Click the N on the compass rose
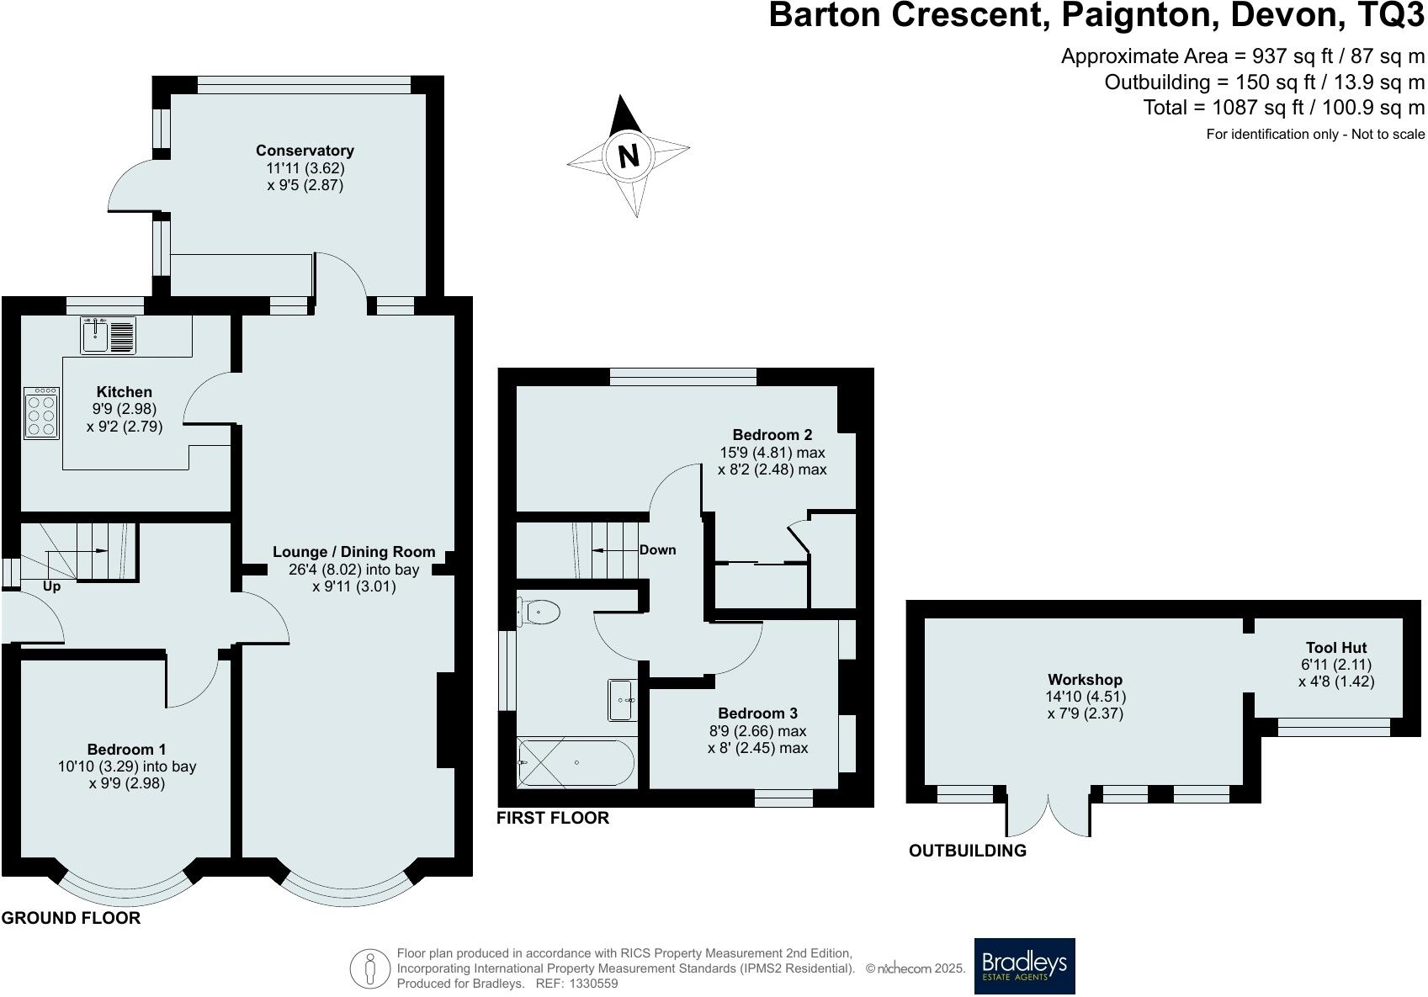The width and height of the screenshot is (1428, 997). pyautogui.click(x=628, y=156)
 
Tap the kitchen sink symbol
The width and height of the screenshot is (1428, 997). pyautogui.click(x=109, y=335)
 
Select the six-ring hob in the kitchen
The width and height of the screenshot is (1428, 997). pyautogui.click(x=42, y=413)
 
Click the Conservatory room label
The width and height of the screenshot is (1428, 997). pyautogui.click(x=305, y=151)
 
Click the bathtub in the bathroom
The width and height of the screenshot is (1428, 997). pyautogui.click(x=576, y=763)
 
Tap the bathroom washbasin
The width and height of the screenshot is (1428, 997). pyautogui.click(x=622, y=700)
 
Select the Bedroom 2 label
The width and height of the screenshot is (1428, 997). pyautogui.click(x=772, y=435)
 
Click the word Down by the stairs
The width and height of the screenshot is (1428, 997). pyautogui.click(x=657, y=550)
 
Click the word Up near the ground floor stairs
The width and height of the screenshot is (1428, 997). pyautogui.click(x=51, y=586)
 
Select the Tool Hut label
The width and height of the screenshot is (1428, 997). pyautogui.click(x=1335, y=648)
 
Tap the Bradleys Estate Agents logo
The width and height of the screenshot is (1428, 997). pyautogui.click(x=1024, y=966)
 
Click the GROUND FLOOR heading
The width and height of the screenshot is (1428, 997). pyautogui.click(x=71, y=918)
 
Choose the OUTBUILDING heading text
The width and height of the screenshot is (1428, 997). pyautogui.click(x=967, y=851)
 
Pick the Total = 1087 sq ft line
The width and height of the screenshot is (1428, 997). pyautogui.click(x=1283, y=108)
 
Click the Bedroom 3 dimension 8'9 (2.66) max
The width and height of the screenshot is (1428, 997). pyautogui.click(x=757, y=730)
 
